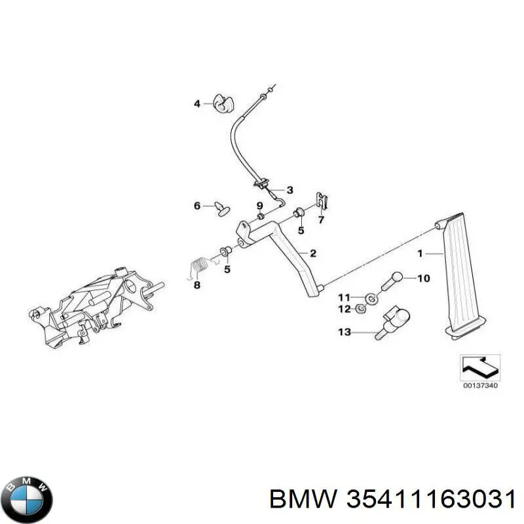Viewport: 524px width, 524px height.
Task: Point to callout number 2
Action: tap(313, 253)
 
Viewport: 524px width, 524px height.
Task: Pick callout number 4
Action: tap(196, 103)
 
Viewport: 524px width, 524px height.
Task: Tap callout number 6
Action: tap(196, 206)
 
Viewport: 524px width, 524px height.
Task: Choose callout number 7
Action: tap(321, 219)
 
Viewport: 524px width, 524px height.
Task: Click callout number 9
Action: tap(259, 205)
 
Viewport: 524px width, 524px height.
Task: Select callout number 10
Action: tap(423, 278)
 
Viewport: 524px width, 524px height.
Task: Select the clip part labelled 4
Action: tap(225, 104)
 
